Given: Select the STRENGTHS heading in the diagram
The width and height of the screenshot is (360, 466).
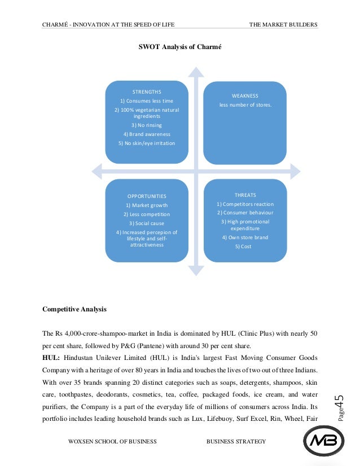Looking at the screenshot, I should (147, 91).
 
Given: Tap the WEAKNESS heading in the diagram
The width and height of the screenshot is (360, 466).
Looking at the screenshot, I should (245, 96).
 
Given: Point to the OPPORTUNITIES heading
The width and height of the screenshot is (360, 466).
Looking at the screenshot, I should (147, 196).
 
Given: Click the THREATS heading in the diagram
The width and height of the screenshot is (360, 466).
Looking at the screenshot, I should (245, 195).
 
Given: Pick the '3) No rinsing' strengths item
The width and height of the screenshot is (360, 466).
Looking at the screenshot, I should (147, 125).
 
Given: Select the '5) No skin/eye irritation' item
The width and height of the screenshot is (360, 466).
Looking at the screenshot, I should (147, 143).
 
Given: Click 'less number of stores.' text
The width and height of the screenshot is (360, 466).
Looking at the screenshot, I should (245, 105).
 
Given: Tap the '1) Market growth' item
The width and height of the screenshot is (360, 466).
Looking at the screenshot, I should (147, 205).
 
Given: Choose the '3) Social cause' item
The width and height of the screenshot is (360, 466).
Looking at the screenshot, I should (147, 223).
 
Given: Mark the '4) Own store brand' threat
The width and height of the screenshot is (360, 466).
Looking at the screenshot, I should (245, 238).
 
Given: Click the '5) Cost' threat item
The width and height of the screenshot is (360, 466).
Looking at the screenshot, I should (245, 247).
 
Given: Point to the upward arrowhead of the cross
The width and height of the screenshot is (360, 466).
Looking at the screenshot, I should (195, 71).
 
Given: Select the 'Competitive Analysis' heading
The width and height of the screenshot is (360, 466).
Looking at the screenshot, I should (74, 310).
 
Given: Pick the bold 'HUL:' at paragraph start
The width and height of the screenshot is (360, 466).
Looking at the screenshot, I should (51, 358).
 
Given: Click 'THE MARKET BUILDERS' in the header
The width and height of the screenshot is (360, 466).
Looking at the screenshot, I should (283, 24).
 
